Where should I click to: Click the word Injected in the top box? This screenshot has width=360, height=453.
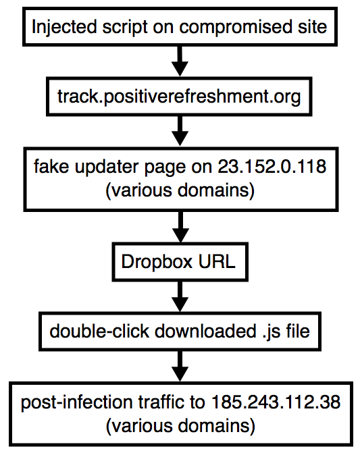(x=64, y=28)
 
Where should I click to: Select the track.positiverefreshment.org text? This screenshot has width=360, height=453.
(x=179, y=97)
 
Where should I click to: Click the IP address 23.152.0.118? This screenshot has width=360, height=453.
(x=272, y=166)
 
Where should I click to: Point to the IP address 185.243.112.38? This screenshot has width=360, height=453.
(x=276, y=402)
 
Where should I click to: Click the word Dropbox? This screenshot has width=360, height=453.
(x=157, y=262)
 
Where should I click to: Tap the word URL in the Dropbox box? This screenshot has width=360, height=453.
(x=217, y=262)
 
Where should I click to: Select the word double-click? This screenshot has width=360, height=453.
(x=99, y=331)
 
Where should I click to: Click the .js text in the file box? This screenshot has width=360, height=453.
(x=272, y=331)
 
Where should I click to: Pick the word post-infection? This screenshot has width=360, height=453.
(x=76, y=402)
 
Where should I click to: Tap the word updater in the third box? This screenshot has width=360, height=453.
(x=107, y=167)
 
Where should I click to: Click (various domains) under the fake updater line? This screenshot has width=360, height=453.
(x=180, y=190)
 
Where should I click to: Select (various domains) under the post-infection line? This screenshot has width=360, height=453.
(x=180, y=426)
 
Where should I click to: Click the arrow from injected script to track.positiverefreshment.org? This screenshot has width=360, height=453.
(x=180, y=61)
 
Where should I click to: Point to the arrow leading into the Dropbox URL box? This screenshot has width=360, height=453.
(x=180, y=227)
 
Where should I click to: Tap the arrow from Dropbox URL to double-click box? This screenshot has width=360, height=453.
(x=180, y=296)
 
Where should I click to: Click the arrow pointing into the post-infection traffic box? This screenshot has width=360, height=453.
(x=180, y=367)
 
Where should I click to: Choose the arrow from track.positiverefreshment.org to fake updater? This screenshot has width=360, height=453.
(x=180, y=131)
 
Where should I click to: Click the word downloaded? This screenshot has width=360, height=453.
(x=205, y=331)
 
